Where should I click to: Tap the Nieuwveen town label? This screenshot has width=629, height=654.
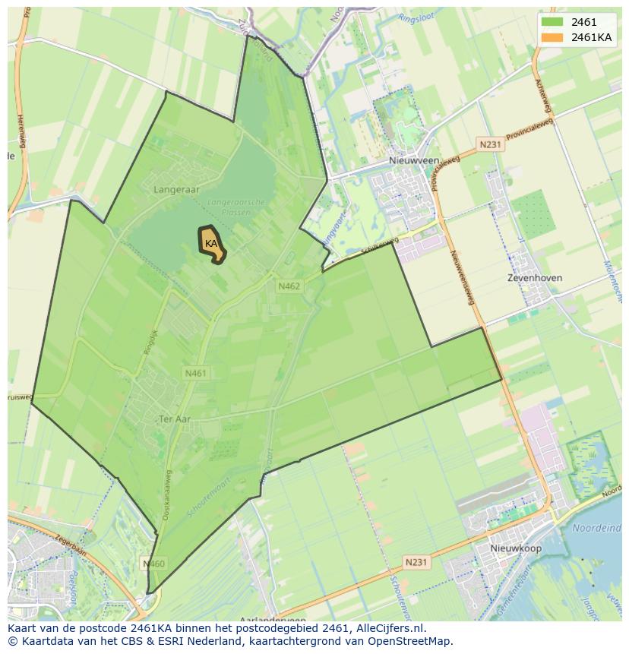[x=413, y=161]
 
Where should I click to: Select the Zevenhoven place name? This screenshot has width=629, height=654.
[x=535, y=278]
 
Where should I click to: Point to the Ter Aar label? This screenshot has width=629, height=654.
[x=174, y=419]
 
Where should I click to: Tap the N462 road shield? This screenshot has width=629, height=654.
[x=289, y=286]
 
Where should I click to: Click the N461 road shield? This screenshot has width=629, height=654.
[x=195, y=373]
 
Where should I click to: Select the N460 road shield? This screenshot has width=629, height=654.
[x=153, y=564]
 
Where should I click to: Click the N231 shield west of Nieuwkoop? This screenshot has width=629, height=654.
[x=416, y=562]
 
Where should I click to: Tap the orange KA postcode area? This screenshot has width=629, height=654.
[x=212, y=244]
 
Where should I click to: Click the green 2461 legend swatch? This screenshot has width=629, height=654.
[x=552, y=23]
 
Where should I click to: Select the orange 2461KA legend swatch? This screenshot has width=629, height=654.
[x=552, y=38]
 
